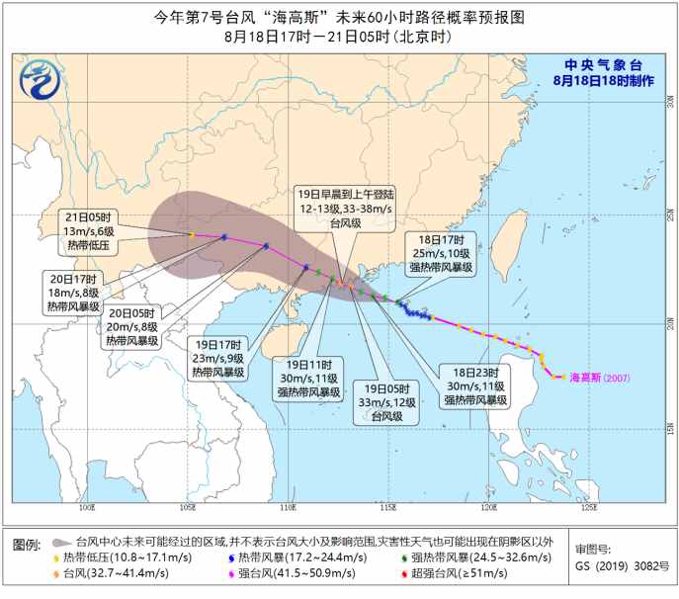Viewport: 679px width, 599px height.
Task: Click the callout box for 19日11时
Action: point(306,377)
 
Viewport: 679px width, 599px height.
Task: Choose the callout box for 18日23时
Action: point(473,386)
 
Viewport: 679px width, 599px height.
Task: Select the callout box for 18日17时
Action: point(441,252)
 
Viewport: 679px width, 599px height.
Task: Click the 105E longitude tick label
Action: point(188,508)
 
